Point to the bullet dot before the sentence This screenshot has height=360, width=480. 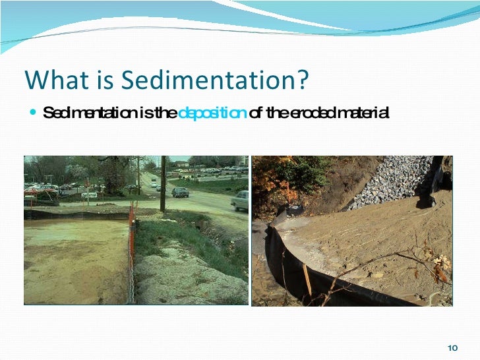click(x=34, y=113)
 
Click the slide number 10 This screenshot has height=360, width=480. click(x=452, y=347)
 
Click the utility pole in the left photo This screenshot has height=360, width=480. click(x=162, y=185)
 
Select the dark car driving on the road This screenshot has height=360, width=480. click(x=180, y=192)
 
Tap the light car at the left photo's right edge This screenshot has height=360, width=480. click(x=241, y=200)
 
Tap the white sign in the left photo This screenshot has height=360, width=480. click(x=89, y=195)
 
